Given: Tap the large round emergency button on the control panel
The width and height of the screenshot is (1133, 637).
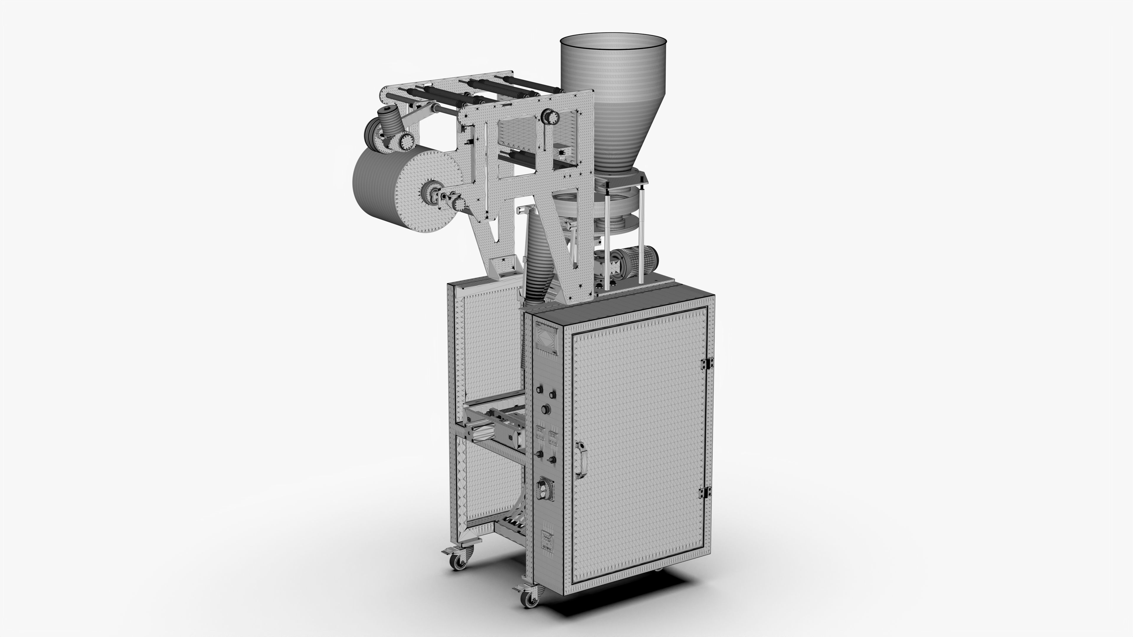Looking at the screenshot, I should click(x=546, y=410).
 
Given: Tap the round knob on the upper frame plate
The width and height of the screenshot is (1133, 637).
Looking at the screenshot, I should click(x=550, y=116).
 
